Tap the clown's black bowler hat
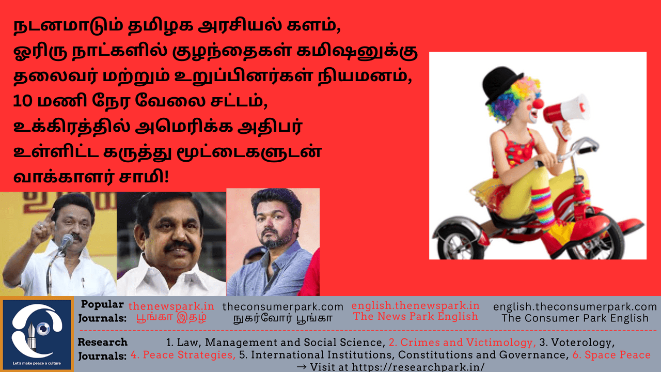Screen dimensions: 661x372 (x=501, y=84)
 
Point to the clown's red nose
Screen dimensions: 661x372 (x=538, y=104)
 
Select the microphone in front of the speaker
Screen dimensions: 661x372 (x=67, y=242)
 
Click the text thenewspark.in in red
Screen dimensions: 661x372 (x=171, y=306)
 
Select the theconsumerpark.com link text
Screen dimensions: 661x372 (x=282, y=307)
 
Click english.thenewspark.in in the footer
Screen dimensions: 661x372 (x=416, y=305)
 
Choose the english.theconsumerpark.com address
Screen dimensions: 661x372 (x=575, y=307)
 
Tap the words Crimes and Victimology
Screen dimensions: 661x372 (x=462, y=343)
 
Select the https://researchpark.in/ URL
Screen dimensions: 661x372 (x=418, y=367)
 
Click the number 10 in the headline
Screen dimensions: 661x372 (x=22, y=101)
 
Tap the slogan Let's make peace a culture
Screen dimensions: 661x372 (x=37, y=363)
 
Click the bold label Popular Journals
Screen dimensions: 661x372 (x=102, y=311)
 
